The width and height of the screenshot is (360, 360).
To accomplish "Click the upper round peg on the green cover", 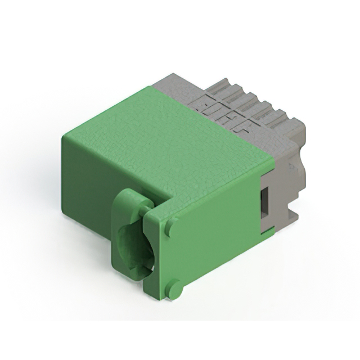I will [170, 227].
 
